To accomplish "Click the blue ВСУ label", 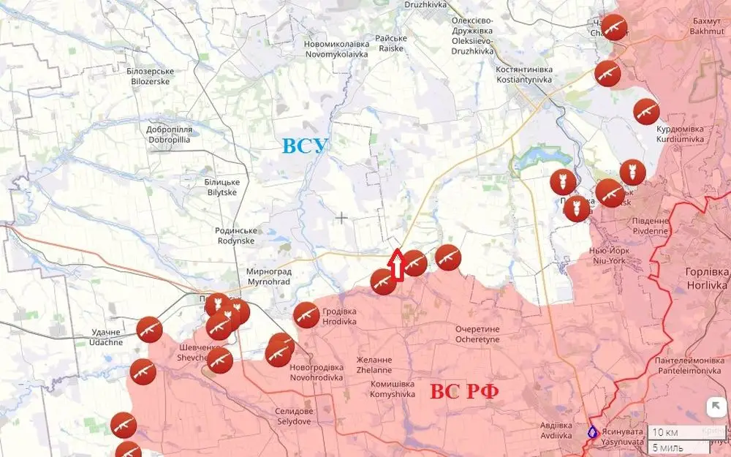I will coord(306,146).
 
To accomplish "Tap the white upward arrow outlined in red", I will coord(396,264).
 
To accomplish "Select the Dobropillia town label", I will coord(169,134).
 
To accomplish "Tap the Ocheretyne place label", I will coord(477,334).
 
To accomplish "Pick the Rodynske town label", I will coord(235,235).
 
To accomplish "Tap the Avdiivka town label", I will coord(551,431).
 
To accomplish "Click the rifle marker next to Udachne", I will coord(149,330).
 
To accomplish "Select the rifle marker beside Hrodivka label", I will coord(306,315).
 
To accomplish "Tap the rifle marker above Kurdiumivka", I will coord(646,112).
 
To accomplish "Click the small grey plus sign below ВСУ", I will coord(342,217).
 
